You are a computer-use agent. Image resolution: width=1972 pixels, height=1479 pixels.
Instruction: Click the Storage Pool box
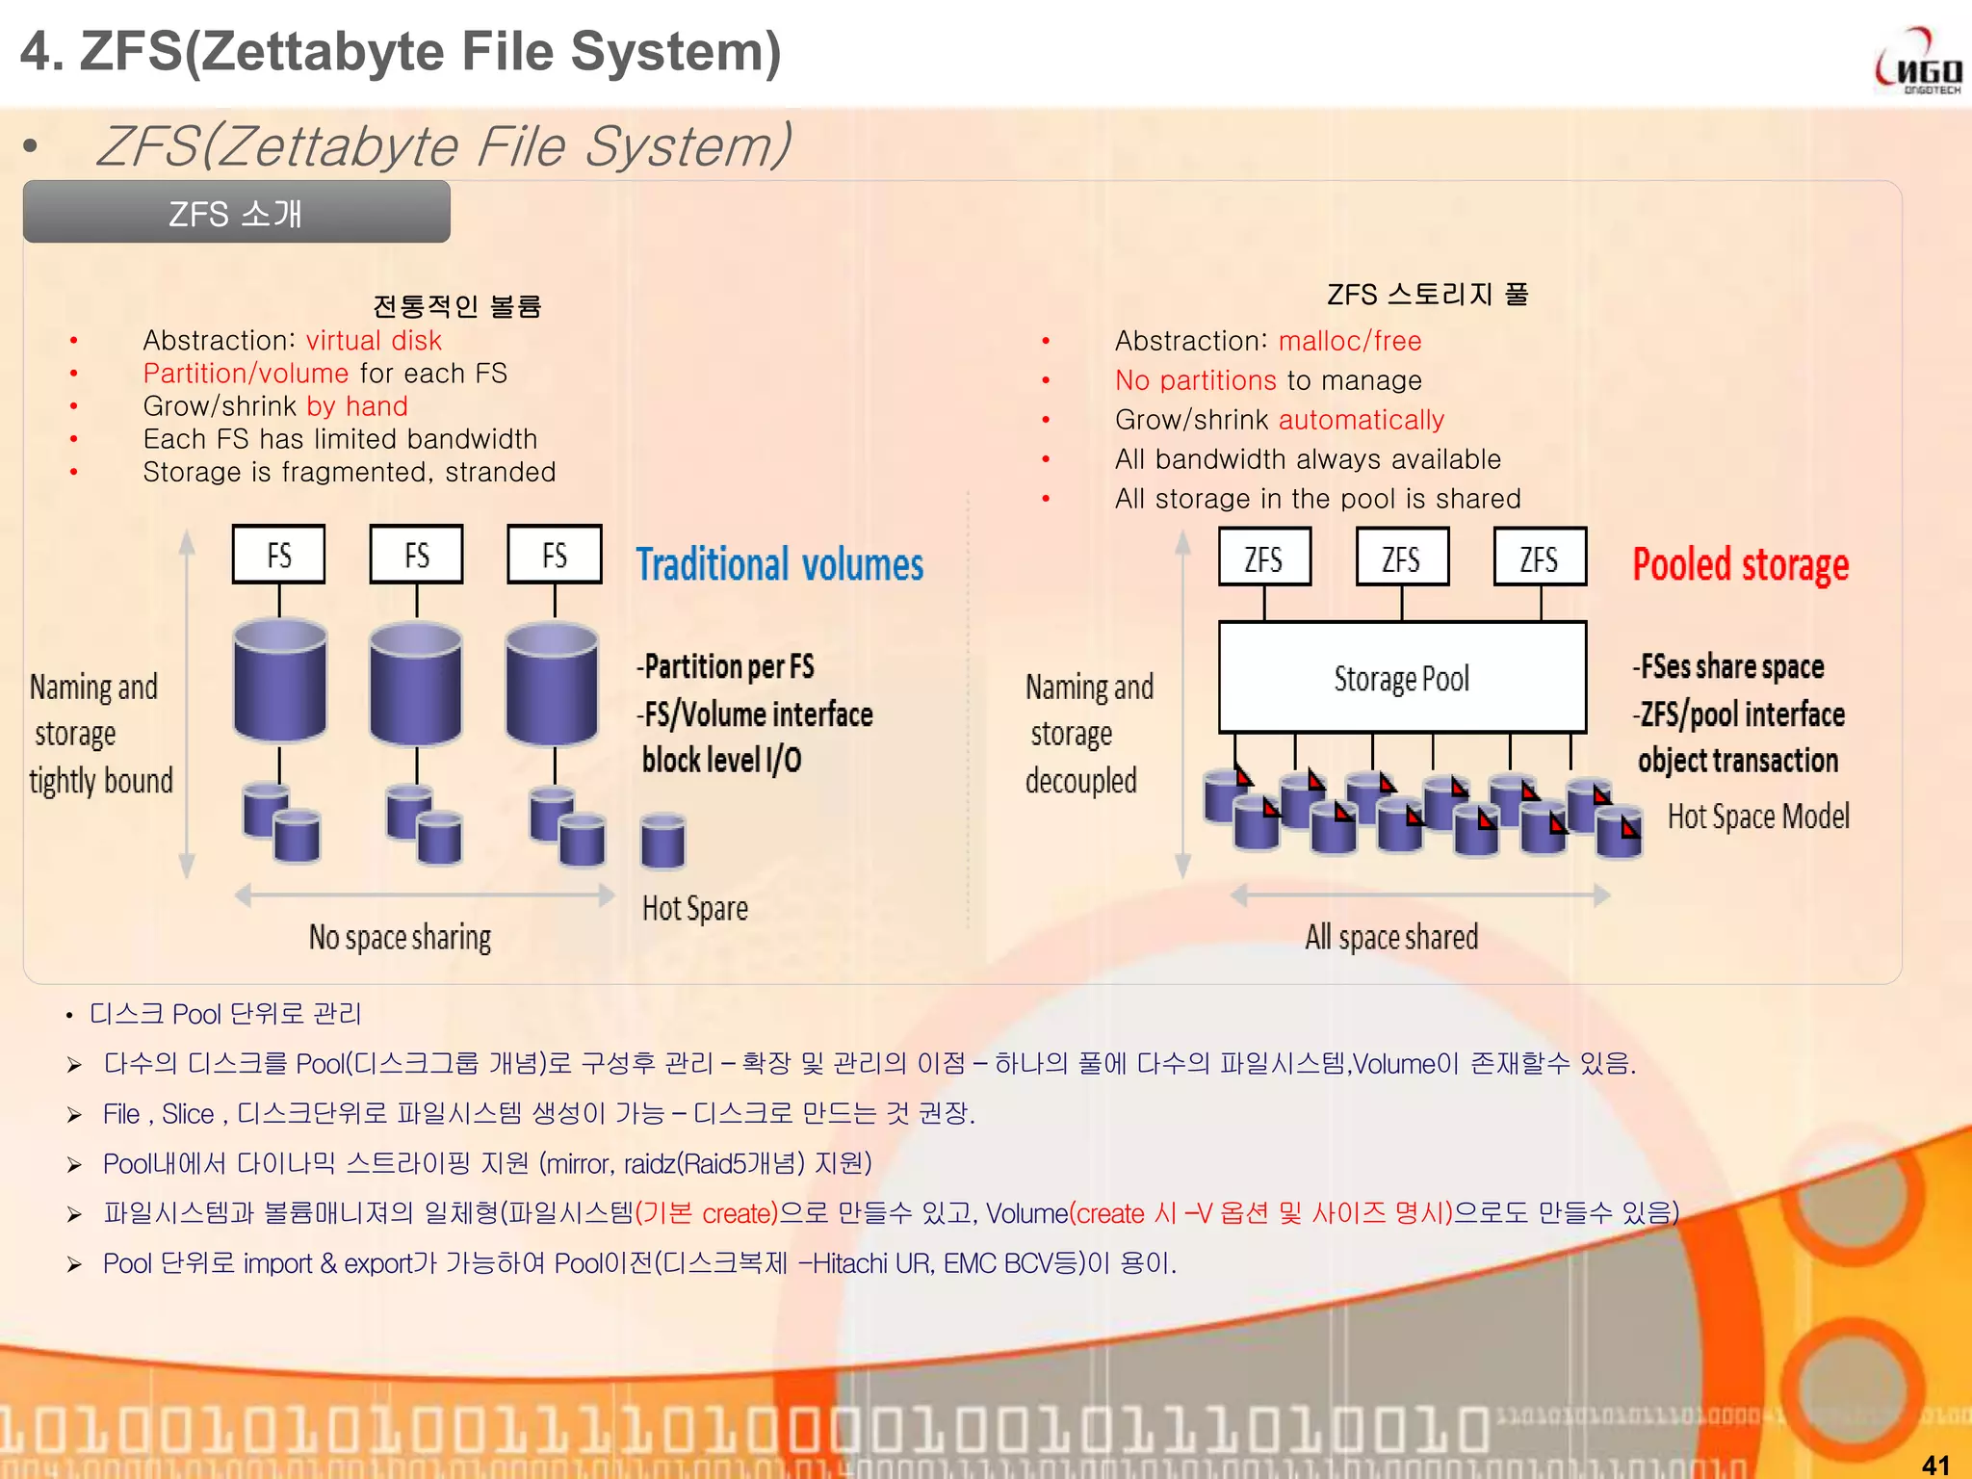pos(1401,678)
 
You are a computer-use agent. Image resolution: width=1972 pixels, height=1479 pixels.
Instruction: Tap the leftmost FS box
pos(278,555)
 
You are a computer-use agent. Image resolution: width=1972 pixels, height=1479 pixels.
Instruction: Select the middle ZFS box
pos(1401,558)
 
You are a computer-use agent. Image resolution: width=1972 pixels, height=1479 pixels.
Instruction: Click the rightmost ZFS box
pos(1539,558)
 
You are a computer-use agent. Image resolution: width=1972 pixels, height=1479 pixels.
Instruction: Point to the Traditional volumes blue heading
pos(779,564)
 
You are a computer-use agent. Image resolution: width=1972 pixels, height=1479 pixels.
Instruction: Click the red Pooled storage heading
pos(1740,564)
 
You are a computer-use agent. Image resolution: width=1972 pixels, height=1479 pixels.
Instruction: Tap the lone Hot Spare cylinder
pos(662,840)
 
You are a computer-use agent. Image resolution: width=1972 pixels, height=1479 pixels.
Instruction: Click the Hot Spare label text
pos(694,908)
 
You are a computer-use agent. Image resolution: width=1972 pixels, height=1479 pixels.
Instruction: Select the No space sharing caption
pos(400,937)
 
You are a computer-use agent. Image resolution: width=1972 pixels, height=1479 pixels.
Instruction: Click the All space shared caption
pos(1390,937)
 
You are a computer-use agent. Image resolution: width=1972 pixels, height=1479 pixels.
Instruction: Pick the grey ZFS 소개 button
pos(236,213)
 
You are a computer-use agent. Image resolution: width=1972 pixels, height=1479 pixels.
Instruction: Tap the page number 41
pos(1935,1465)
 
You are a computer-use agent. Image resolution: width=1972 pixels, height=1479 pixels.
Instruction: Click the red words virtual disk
pos(374,341)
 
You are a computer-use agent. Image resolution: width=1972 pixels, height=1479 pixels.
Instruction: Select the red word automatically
pos(1361,420)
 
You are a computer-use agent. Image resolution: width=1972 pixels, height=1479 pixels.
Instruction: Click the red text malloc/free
pos(1349,341)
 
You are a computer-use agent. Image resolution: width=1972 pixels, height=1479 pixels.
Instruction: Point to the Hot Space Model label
pos(1757,817)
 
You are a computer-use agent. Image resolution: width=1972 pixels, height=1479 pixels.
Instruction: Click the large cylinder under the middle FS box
pos(416,684)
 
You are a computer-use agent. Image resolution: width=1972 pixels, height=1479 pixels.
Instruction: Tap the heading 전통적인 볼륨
pos(456,306)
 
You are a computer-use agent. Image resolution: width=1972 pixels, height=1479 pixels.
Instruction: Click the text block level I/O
pos(721,761)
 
